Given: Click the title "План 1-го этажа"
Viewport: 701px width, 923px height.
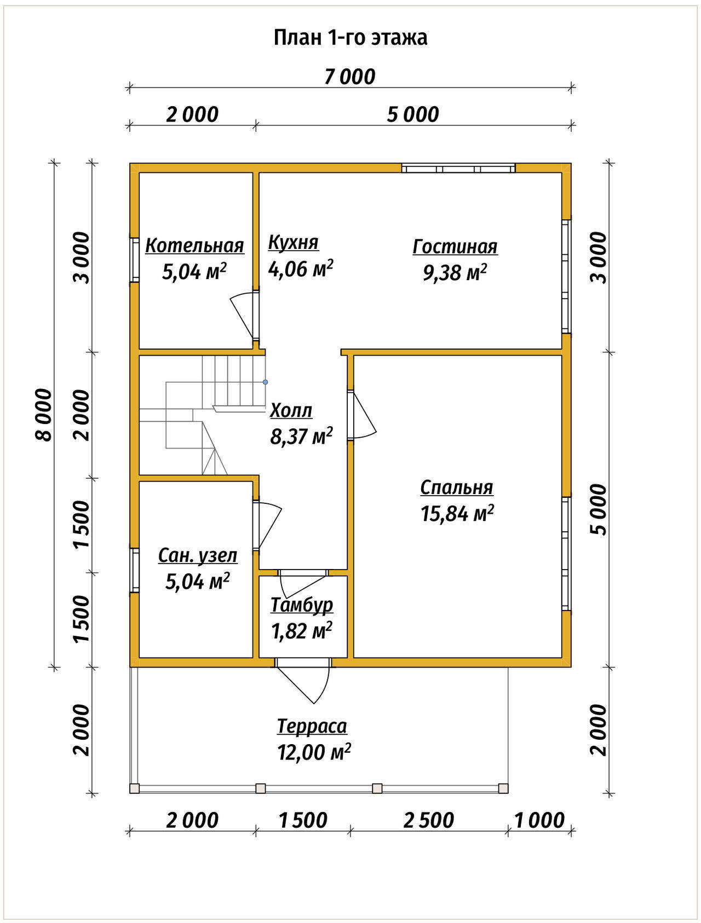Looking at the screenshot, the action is [350, 38].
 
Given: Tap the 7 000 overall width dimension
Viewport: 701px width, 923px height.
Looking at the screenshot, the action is [350, 77].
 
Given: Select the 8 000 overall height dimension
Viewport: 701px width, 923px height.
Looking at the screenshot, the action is [43, 414].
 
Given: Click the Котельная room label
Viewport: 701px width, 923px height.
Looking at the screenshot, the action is [194, 246].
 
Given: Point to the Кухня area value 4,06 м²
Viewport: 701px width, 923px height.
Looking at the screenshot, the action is [301, 269].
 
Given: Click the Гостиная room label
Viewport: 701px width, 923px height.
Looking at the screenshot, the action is [455, 247].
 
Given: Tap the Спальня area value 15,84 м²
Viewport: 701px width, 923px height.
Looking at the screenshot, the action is [457, 513].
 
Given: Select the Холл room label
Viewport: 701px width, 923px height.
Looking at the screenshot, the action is [291, 410].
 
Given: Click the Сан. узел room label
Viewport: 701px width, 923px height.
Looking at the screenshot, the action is [198, 555].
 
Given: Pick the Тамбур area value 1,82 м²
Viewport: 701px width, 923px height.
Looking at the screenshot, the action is [302, 631].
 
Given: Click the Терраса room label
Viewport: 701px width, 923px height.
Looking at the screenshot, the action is [312, 726].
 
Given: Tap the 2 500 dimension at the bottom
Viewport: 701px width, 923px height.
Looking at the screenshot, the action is [429, 820].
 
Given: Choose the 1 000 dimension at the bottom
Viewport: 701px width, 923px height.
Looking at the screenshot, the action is [539, 820].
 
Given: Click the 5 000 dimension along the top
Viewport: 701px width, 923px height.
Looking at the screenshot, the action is [413, 115].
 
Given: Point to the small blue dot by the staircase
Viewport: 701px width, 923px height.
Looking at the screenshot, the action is [265, 382].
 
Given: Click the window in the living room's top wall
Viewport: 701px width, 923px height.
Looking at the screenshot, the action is [458, 168].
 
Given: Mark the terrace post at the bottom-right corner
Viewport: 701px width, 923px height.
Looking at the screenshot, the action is [503, 788].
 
